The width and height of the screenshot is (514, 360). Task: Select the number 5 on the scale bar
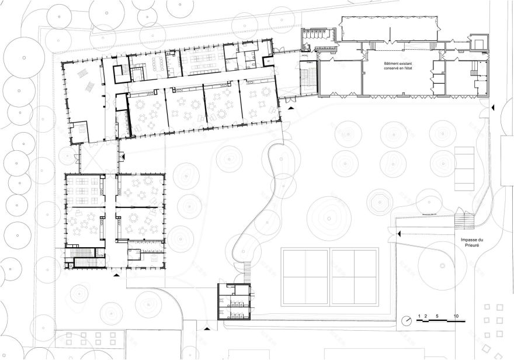pyautogui.click(x=437, y=316)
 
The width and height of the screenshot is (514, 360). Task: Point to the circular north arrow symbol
pyautogui.click(x=407, y=320)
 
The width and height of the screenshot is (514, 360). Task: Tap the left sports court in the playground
pyautogui.click(x=305, y=276)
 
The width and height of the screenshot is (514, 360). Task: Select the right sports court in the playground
pyautogui.click(x=354, y=276)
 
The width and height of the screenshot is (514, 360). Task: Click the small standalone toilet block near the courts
pyautogui.click(x=234, y=302)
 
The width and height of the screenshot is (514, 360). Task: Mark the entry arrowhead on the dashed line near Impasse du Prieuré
pyautogui.click(x=398, y=234)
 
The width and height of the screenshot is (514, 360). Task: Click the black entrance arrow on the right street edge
pyautogui.click(x=492, y=108)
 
